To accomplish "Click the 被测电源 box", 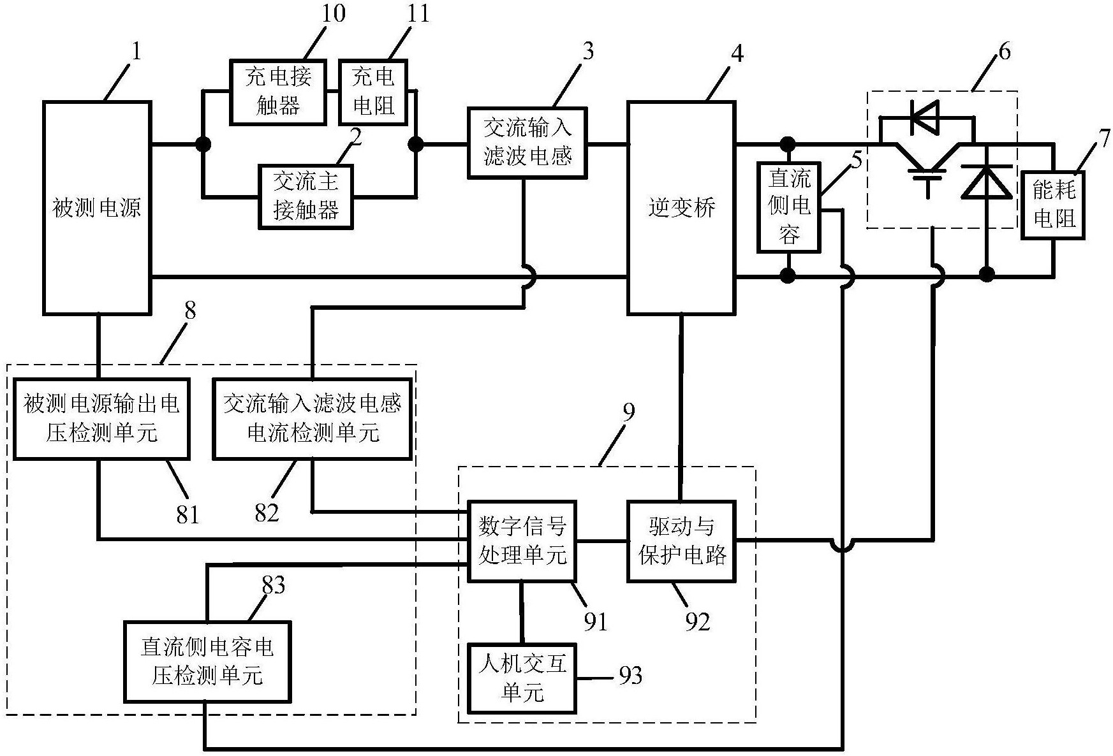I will click(x=97, y=208).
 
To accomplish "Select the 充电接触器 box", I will click(x=278, y=92).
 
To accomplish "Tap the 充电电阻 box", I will click(x=372, y=92).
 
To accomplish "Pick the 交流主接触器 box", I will click(x=306, y=196).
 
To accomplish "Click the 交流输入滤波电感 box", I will click(x=527, y=142).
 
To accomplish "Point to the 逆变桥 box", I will click(x=682, y=208).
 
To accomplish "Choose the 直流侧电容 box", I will click(x=789, y=207).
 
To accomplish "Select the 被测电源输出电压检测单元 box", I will click(x=101, y=419).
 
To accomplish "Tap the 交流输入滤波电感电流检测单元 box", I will click(x=312, y=419).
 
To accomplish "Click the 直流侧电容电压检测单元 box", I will click(x=207, y=661).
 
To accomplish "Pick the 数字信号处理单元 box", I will click(x=522, y=541).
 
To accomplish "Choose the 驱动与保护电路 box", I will click(x=682, y=541).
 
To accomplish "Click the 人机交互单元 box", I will click(x=522, y=678).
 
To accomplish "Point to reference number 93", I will click(x=630, y=676).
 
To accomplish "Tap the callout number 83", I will click(x=273, y=585).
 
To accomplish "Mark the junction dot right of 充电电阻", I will click(x=416, y=145).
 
